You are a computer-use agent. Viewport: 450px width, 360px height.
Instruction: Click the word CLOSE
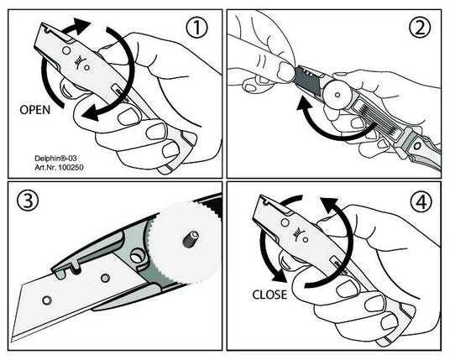(x=269, y=295)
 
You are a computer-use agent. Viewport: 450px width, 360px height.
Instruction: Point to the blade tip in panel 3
(x=18, y=332)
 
